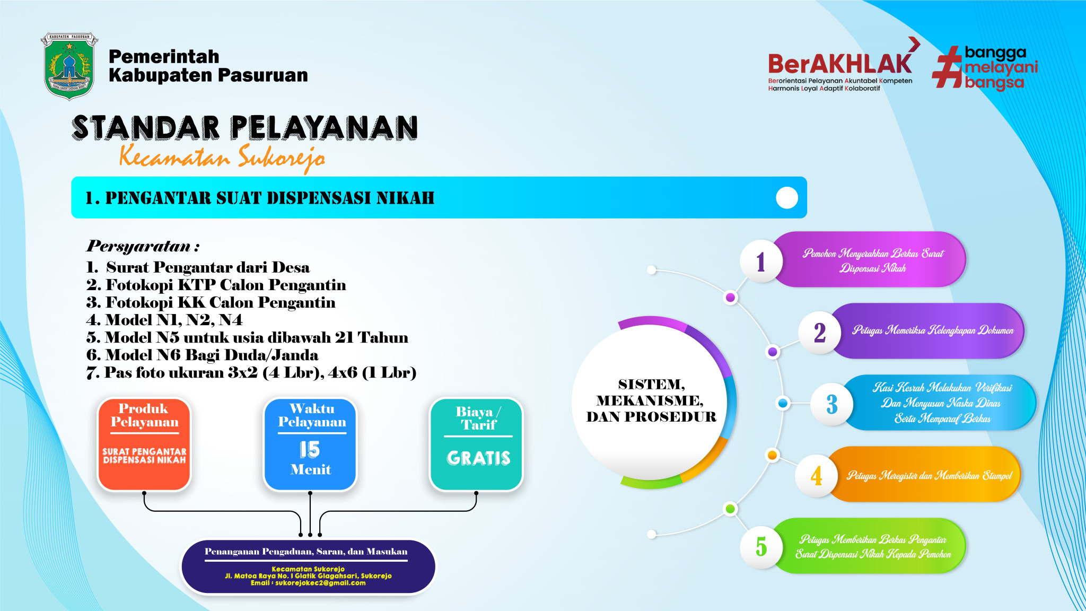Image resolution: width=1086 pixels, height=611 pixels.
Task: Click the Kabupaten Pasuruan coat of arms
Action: (x=69, y=66)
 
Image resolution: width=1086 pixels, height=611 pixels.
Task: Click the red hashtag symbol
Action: (x=947, y=67)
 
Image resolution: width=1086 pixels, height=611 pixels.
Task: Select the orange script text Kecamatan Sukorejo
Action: (x=222, y=157)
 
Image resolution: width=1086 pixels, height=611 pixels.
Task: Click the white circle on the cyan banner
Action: (x=787, y=198)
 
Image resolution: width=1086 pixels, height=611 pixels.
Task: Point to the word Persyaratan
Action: (x=139, y=246)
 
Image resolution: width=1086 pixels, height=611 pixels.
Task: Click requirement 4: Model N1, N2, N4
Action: (x=164, y=320)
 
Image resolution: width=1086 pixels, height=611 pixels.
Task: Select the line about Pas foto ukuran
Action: (x=251, y=372)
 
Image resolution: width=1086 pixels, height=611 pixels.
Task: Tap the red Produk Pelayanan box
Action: (x=144, y=444)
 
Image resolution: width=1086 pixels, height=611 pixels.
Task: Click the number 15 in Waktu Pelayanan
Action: (x=310, y=450)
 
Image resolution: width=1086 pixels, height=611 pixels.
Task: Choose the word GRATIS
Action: (x=478, y=458)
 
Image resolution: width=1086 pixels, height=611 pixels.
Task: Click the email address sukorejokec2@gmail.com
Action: (x=320, y=583)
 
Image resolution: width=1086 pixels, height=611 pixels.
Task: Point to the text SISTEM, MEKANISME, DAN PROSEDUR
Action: (x=651, y=400)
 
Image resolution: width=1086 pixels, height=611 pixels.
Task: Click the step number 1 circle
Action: (x=761, y=261)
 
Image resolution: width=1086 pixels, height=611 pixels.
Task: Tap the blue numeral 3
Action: (x=832, y=404)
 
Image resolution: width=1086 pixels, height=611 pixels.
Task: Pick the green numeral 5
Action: (x=761, y=546)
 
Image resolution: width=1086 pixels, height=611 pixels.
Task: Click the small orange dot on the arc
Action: (x=773, y=455)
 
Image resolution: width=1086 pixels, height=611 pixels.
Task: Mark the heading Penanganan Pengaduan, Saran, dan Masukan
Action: (x=306, y=552)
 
